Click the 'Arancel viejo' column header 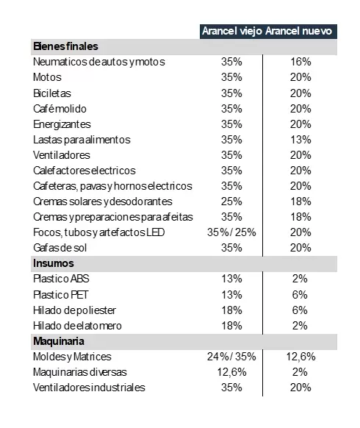pyautogui.click(x=232, y=32)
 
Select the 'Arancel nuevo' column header pyautogui.click(x=298, y=31)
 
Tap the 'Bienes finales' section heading pyautogui.click(x=65, y=46)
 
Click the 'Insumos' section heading pyautogui.click(x=54, y=263)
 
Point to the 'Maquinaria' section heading pyautogui.click(x=59, y=341)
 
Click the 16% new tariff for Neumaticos pyautogui.click(x=300, y=62)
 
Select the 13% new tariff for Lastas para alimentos pyautogui.click(x=300, y=140)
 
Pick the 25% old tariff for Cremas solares pyautogui.click(x=231, y=201)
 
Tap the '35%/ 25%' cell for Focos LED pyautogui.click(x=231, y=232)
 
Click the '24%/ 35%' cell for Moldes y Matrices pyautogui.click(x=231, y=357)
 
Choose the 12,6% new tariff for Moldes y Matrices pyautogui.click(x=300, y=357)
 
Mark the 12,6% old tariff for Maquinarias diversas pyautogui.click(x=231, y=372)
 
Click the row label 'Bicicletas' pyautogui.click(x=52, y=93)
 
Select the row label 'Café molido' pyautogui.click(x=60, y=109)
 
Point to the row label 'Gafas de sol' pyautogui.click(x=60, y=248)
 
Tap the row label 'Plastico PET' pyautogui.click(x=60, y=295)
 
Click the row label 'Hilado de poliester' pyautogui.click(x=74, y=310)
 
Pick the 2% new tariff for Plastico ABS pyautogui.click(x=300, y=279)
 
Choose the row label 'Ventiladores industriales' pyautogui.click(x=89, y=388)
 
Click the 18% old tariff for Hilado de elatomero pyautogui.click(x=231, y=326)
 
